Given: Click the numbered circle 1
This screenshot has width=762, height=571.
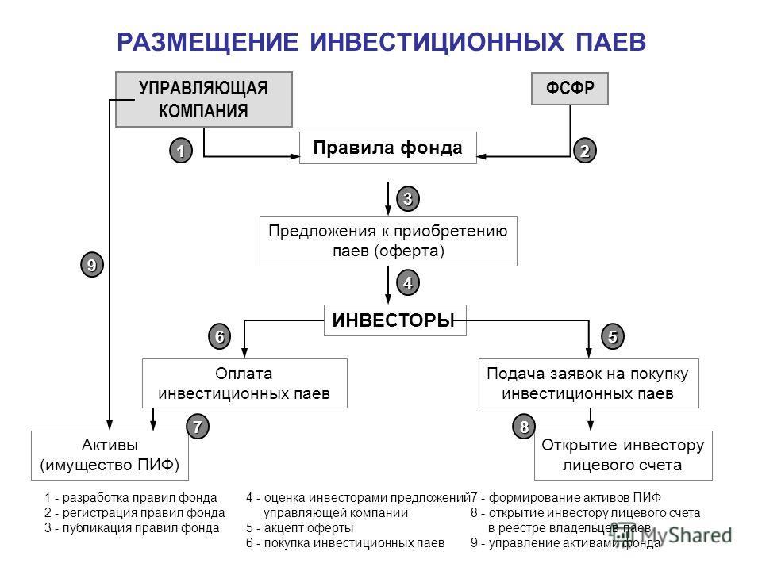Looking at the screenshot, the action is [181, 151].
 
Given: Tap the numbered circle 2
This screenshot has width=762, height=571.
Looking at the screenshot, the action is [585, 151].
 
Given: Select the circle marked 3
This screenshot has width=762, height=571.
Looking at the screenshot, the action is [408, 198].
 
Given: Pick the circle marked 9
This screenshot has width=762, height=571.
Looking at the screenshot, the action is [92, 265].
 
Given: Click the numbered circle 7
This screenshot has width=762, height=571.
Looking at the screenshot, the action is [198, 427].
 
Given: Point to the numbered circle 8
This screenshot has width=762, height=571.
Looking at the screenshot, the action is [524, 427].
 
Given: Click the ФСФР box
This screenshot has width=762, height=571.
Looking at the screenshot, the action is [570, 89].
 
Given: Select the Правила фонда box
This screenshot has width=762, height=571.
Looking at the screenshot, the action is [388, 148].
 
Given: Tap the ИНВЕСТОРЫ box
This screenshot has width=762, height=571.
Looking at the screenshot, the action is [395, 320].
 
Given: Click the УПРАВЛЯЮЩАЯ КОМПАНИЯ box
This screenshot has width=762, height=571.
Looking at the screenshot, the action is [204, 100].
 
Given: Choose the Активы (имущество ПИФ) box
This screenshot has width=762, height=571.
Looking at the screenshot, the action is [110, 455].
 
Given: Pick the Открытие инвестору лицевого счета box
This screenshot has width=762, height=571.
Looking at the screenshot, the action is [624, 455].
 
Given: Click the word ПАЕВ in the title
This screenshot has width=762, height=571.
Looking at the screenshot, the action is [611, 42].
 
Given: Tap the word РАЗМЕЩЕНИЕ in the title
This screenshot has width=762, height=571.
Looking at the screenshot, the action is [207, 42].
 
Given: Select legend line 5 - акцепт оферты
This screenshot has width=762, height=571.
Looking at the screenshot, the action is [299, 528].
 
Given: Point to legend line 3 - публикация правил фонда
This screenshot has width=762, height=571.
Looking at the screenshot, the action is [132, 528].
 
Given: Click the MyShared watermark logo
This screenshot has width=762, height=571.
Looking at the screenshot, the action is [671, 535].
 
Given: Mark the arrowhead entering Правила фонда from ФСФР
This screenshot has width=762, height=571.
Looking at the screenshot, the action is [482, 156].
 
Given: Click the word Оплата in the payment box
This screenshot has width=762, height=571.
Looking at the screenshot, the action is [244, 374].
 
